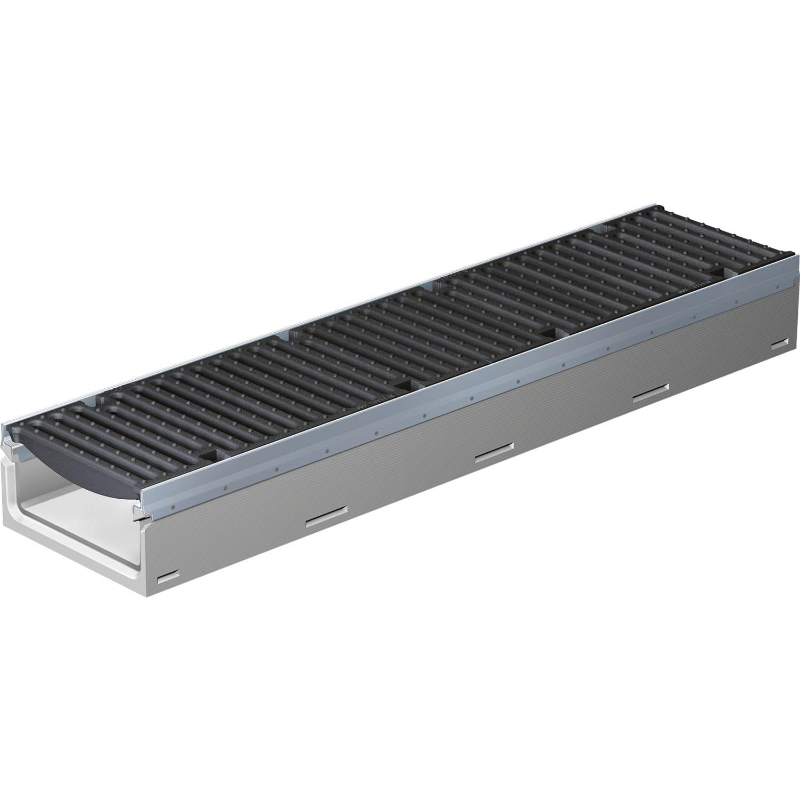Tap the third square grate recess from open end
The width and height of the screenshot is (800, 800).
(x=549, y=333)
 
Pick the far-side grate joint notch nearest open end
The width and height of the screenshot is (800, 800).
(x=101, y=397)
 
